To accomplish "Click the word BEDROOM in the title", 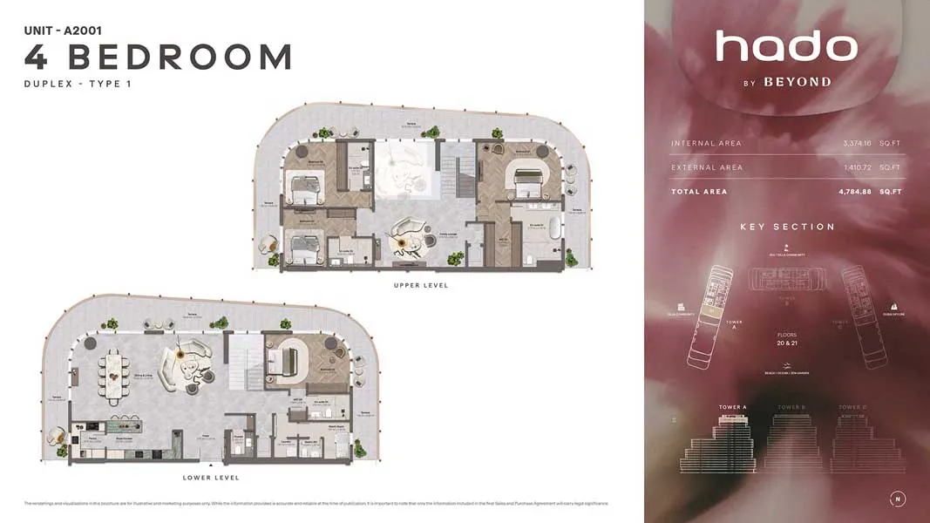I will tap(180, 57).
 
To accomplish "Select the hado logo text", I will tap(785, 47).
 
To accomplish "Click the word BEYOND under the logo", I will tap(797, 83).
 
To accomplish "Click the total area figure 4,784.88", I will tap(857, 192).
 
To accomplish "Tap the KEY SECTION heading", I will tap(787, 227).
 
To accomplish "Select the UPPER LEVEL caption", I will tap(421, 286).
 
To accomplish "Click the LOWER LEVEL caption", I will tap(211, 478).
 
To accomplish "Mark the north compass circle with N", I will tap(897, 499).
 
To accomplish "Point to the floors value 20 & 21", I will tap(787, 343).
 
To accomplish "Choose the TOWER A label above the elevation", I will tap(732, 407).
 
